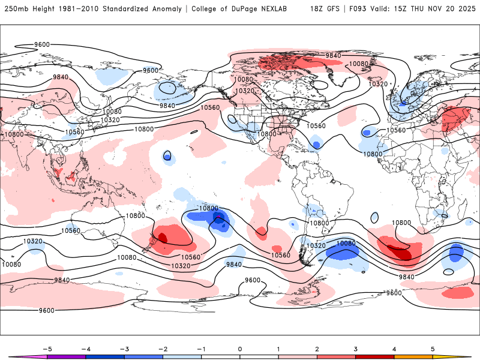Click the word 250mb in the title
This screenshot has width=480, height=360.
coord(15,10)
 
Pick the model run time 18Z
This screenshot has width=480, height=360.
coord(317,10)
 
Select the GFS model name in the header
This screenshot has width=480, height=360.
coord(334,10)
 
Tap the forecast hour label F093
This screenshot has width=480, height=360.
coord(358,10)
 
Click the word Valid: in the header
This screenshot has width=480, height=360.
coord(384,10)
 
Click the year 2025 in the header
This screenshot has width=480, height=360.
coord(466,10)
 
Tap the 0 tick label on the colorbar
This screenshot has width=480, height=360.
coord(240,349)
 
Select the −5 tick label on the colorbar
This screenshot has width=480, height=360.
coord(46,349)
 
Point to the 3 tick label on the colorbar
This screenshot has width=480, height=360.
coord(355,349)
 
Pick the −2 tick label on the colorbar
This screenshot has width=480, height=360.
coord(162,349)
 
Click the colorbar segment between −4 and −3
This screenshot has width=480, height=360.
coord(105,357)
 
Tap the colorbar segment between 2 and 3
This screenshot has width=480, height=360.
coord(336,357)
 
